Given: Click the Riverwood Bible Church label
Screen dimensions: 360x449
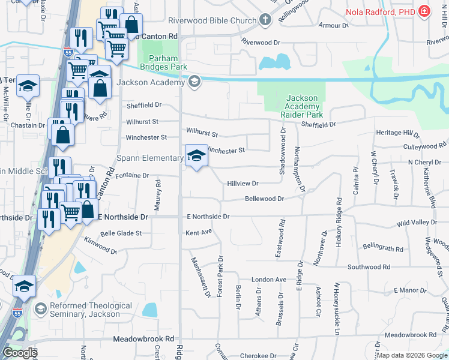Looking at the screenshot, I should (x=212, y=20).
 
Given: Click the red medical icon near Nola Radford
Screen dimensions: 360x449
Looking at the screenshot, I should (x=424, y=10).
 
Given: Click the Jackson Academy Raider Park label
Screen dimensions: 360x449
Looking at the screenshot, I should (x=301, y=106).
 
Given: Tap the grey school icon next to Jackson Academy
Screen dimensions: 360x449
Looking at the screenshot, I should (x=194, y=82).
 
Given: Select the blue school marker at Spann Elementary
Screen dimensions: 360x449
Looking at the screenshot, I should (x=196, y=156).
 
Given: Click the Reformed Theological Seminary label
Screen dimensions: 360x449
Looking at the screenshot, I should (x=91, y=311).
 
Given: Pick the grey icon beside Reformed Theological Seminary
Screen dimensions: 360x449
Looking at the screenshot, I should (x=40, y=310).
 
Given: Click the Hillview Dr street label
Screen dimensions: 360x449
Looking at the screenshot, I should (x=243, y=184).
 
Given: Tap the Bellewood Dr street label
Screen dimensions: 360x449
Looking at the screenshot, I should (x=264, y=199).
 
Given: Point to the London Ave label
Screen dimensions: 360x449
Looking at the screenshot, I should (x=269, y=280).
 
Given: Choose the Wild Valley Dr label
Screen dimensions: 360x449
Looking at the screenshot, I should (x=417, y=223).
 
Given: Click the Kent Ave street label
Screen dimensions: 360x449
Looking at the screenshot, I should (x=199, y=232).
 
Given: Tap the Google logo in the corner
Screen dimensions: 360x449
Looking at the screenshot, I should (x=20, y=353).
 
